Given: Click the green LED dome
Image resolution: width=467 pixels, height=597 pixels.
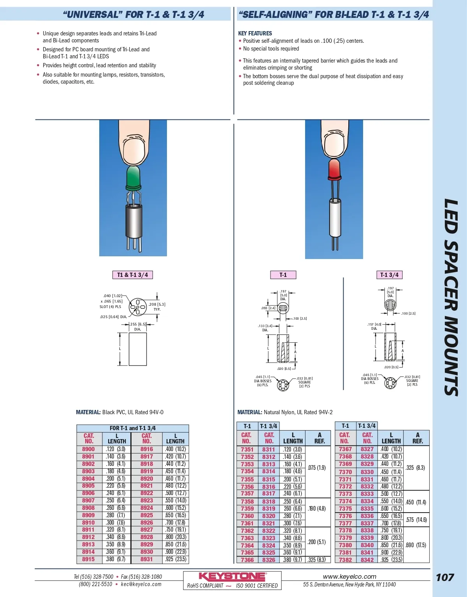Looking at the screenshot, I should coord(133,177).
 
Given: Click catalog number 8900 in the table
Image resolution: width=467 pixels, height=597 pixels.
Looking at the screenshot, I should coord(88,449).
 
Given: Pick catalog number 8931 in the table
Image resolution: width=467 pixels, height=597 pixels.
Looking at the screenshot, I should coord(147,559).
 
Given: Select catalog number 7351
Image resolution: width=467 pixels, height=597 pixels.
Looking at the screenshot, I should coord(247,450).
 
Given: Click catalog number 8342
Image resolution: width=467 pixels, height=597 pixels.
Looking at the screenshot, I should coord(367,560).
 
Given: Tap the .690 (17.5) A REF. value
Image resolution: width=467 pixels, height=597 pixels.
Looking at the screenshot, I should coord(416,545).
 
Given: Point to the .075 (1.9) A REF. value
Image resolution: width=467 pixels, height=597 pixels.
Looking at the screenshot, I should coord(317,468).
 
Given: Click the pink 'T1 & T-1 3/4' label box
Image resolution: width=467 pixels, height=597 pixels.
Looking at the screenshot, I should coord(132,275).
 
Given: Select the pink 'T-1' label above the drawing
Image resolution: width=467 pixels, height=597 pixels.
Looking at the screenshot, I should coord(283,275).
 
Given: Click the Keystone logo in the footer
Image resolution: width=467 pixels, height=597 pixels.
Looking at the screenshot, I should coord(232,577).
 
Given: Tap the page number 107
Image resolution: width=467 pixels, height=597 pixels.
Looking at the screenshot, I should coord(445,577).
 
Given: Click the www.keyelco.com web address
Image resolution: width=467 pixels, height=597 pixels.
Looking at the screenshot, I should coord(349,577).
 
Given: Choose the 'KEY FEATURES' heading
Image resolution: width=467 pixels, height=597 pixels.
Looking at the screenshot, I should coord(255,33).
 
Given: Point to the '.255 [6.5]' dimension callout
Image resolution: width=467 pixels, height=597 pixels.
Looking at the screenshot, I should coord(138,324).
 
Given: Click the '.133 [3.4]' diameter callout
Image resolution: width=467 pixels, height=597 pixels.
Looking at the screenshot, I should coord(265,326).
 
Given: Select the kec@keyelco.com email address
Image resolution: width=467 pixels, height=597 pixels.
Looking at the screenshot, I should coord(141,584).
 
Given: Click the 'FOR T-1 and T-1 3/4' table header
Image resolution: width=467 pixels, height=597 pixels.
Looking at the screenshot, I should coord(132,428).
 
